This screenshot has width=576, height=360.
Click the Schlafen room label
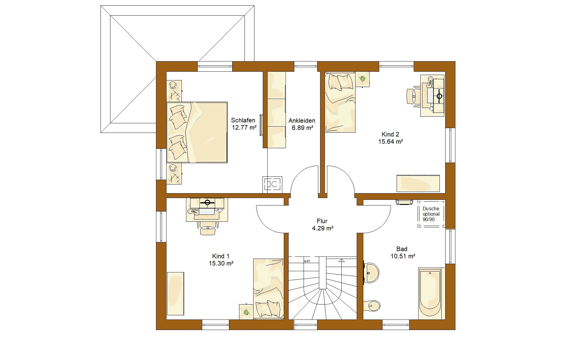pos(243,124)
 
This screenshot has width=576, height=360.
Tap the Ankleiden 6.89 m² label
pos(302,124)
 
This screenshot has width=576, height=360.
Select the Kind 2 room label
pos(390,138)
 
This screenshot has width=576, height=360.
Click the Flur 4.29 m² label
pos(322,225)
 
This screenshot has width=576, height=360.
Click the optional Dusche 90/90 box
pos(431,214)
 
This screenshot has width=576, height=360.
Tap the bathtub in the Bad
pos(430,294)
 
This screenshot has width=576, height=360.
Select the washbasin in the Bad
pos(371,273)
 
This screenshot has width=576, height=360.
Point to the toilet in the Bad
pos(371,306)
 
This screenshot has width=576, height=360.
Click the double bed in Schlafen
pos(197,132)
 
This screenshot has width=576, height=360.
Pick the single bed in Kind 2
pos(340,102)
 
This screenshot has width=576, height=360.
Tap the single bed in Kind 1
pos(268,293)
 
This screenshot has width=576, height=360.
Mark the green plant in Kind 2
pos(362,79)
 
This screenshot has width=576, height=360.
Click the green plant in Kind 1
pos(246,312)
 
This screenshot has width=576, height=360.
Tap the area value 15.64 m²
pos(390,141)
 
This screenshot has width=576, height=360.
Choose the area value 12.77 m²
pos(244,127)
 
